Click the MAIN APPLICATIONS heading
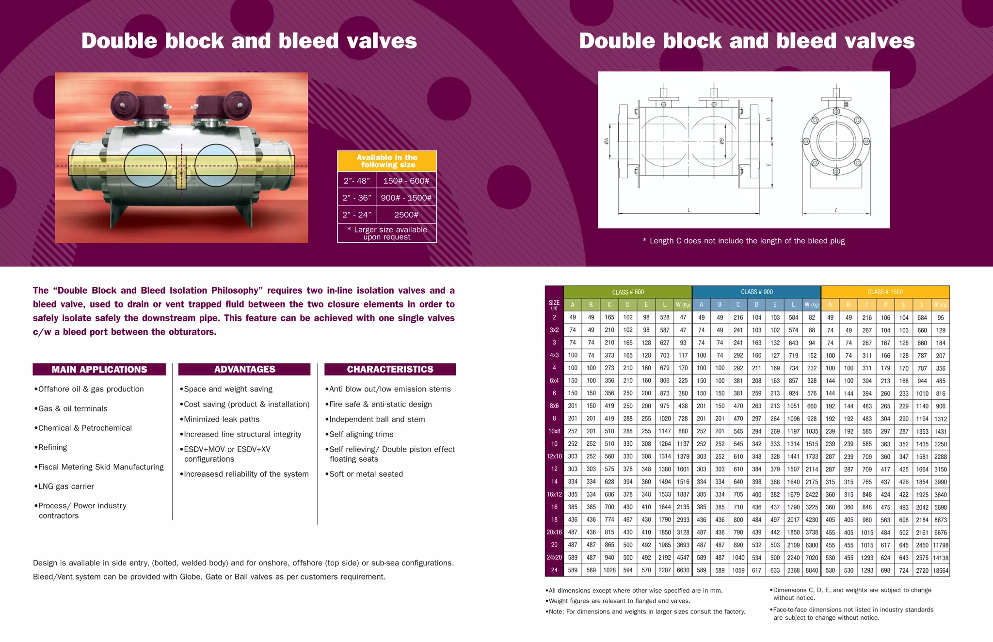(x=99, y=369)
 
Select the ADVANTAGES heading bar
(x=244, y=369)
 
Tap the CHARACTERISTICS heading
(x=390, y=369)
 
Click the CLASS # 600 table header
(x=628, y=292)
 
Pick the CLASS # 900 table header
(x=756, y=292)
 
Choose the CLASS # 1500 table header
(x=885, y=292)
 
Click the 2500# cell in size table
(x=406, y=215)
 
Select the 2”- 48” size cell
(x=356, y=181)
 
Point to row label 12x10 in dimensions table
(x=554, y=456)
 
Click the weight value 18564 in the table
(x=940, y=570)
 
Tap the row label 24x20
(x=554, y=558)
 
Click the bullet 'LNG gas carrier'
(x=65, y=486)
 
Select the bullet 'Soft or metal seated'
(x=366, y=474)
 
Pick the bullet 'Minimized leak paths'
(x=221, y=419)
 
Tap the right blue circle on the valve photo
(x=216, y=166)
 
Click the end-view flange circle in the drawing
(x=836, y=141)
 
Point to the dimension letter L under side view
(x=689, y=210)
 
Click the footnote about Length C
(x=743, y=241)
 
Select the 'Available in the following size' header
(x=387, y=161)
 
